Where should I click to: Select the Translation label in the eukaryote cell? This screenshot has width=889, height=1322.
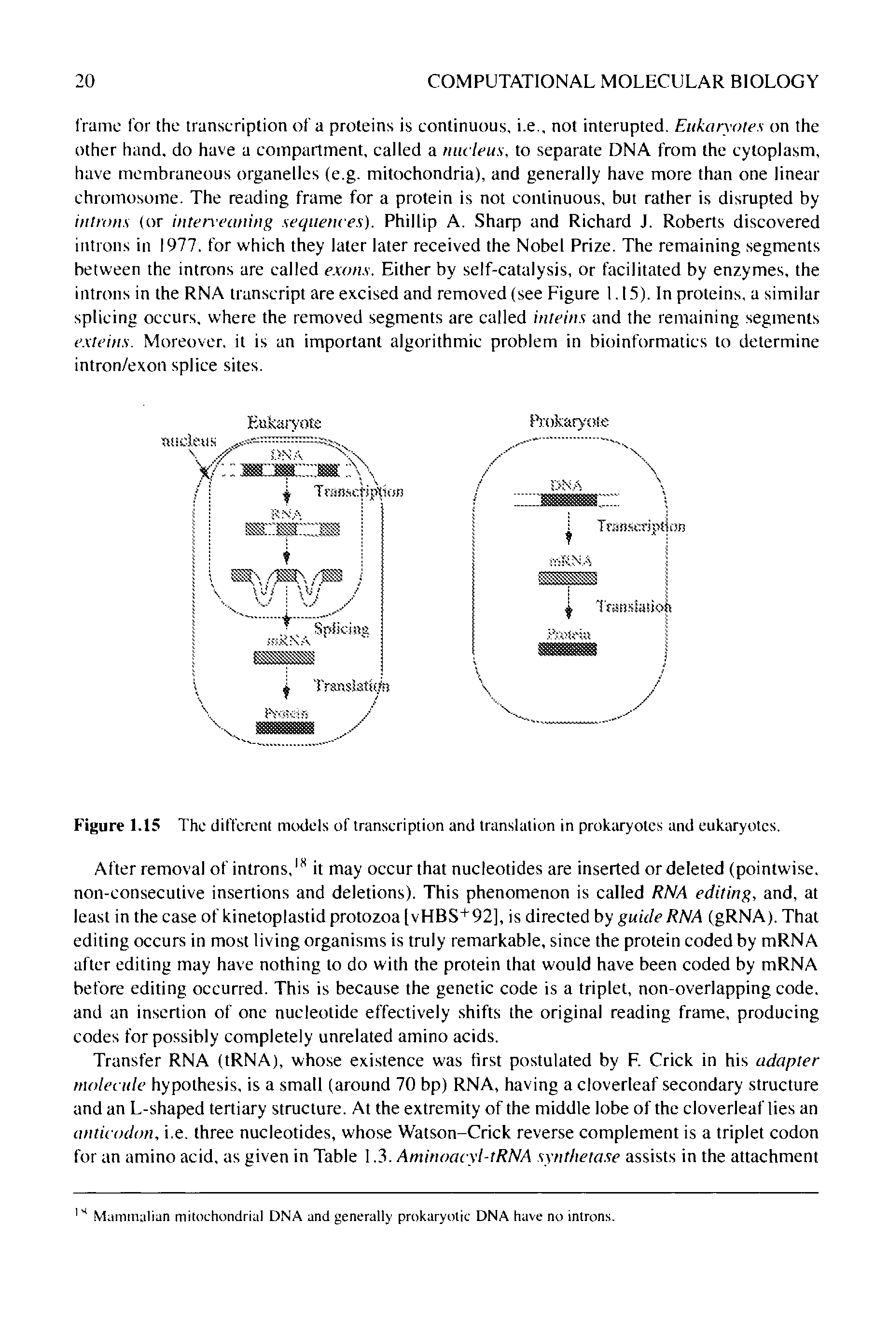351,686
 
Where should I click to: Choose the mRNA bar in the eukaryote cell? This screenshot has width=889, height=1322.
284,658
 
